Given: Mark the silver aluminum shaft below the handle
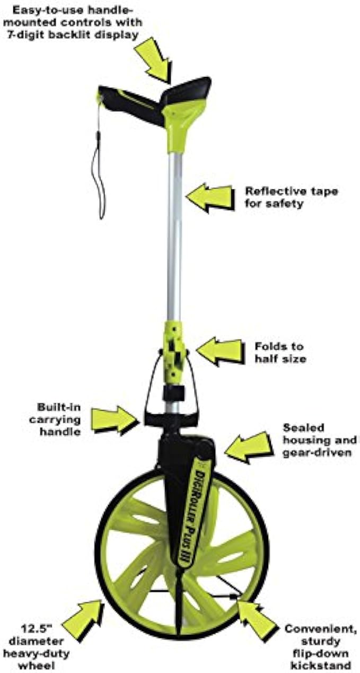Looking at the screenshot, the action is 175,239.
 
